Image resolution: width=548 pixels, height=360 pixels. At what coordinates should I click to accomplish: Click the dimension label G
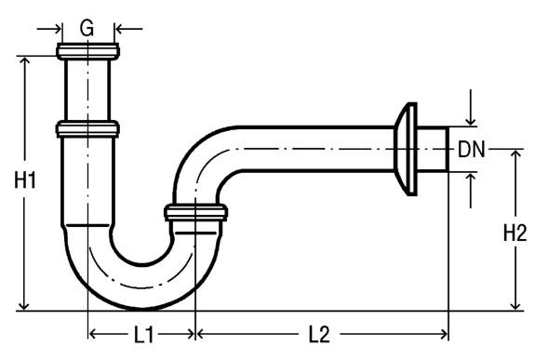(87, 28)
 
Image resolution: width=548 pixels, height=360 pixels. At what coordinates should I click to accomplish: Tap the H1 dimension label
(25, 180)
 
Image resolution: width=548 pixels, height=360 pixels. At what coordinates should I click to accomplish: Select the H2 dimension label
(515, 233)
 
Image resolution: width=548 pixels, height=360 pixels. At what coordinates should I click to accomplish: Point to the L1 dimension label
(143, 335)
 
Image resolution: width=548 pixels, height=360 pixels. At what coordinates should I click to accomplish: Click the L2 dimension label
(319, 335)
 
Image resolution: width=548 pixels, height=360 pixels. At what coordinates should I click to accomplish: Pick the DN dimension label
(472, 149)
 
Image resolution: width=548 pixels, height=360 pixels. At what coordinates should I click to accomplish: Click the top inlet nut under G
(87, 51)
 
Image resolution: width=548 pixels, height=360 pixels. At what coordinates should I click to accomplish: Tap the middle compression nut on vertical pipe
(87, 128)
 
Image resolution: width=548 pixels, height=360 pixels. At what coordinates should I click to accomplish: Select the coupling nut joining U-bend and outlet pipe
(195, 212)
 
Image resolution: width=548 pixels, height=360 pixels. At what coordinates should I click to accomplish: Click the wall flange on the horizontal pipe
(406, 149)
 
